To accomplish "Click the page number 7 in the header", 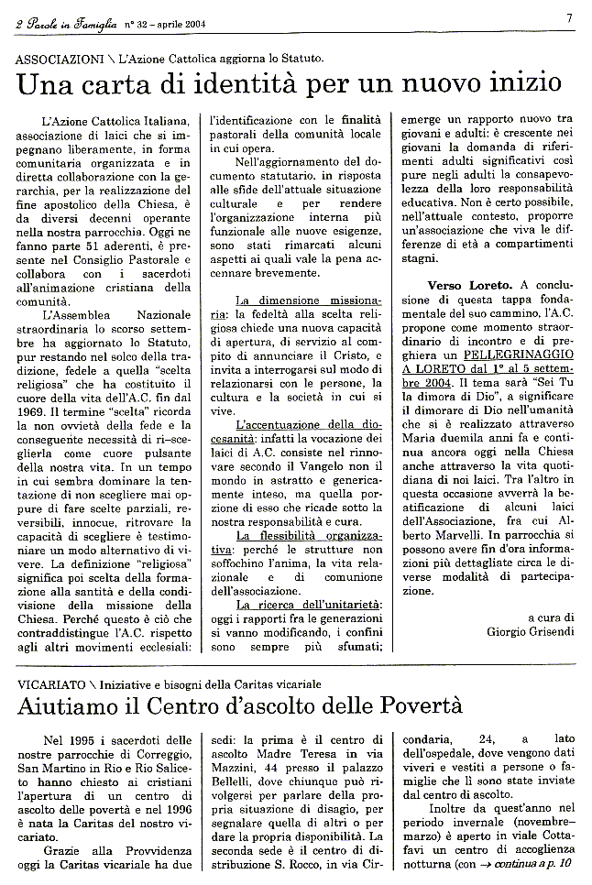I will (569, 17).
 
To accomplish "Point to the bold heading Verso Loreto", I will (442, 286).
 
